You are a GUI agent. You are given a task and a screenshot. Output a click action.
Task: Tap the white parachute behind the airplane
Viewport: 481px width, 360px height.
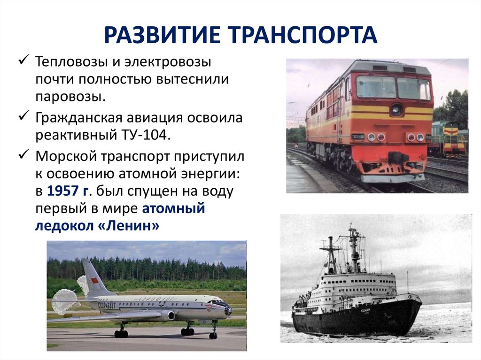pyautogui.click(x=64, y=301)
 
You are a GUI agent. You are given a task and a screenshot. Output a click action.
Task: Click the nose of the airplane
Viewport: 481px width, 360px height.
pyautogui.click(x=228, y=310)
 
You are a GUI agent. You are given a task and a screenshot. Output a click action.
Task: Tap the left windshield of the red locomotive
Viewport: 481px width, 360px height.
pyautogui.click(x=375, y=87)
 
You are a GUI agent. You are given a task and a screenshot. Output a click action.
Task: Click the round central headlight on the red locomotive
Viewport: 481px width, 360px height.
pyautogui.click(x=396, y=109)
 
